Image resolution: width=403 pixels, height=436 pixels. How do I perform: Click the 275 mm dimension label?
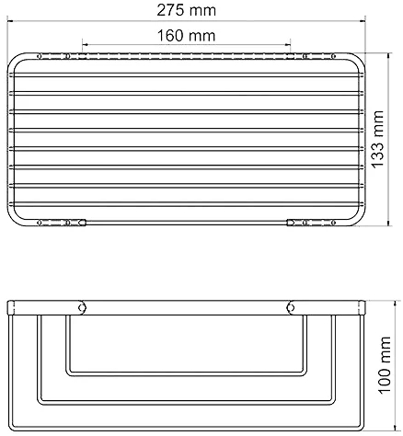pos(187,10)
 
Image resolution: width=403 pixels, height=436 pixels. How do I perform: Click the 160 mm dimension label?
pos(186,35)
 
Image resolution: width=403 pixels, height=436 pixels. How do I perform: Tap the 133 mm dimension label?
pos(378,139)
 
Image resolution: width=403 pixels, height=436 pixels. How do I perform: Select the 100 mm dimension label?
pos(385,365)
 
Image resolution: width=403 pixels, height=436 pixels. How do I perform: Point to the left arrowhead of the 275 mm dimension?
pos(10,21)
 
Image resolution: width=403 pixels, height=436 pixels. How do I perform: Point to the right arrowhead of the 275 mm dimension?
pos(363,21)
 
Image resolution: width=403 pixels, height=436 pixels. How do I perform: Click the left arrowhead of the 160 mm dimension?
pos(86,45)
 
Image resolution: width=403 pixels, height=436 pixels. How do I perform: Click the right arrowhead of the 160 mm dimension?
pos(287,45)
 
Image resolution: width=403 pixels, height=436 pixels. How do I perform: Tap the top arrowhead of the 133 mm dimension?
pos(389,56)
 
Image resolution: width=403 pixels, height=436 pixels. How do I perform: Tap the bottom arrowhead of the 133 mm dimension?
pos(389,223)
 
